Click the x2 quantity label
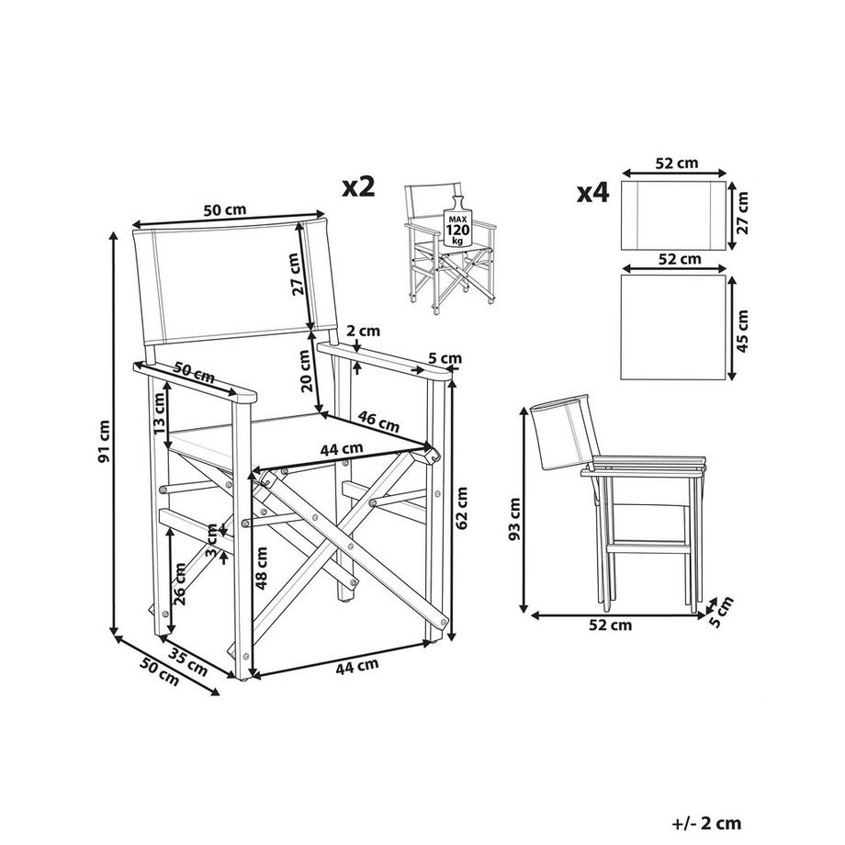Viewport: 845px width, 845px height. coord(360,187)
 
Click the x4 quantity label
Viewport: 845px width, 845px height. coord(593,194)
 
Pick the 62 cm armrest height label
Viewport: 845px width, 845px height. coord(463,509)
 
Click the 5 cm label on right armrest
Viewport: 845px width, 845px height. coord(445,358)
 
